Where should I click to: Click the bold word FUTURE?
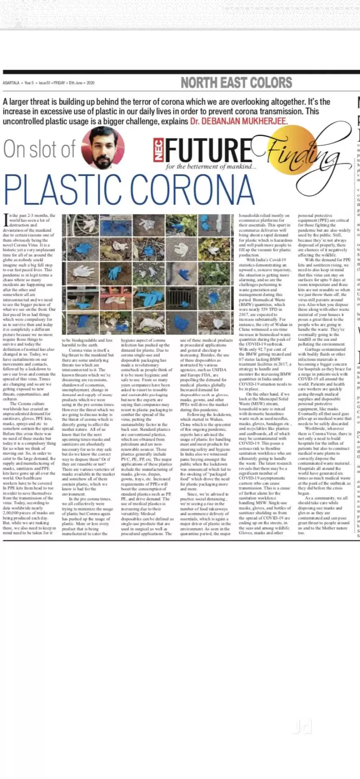pos(208,150)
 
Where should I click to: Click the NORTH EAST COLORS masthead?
pos(236,83)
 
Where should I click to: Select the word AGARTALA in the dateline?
pos(11,83)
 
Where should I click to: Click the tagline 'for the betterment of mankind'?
pos(211,166)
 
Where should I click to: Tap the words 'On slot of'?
pos(39,149)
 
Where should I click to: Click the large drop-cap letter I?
pos(6,219)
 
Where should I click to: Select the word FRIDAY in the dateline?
pos(59,83)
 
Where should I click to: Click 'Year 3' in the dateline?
pos(28,83)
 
